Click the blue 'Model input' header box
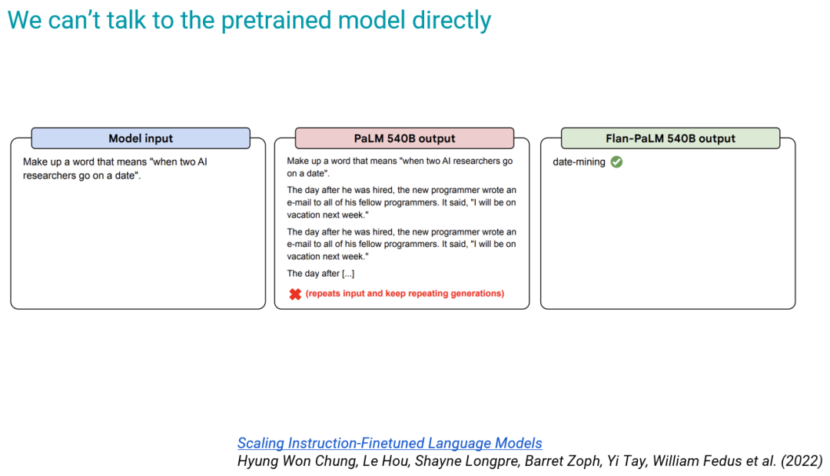coord(141,138)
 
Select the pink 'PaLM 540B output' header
coord(404,138)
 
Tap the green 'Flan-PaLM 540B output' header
coord(670,138)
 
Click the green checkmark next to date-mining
coord(616,162)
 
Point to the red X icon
coord(295,294)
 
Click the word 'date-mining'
coord(579,162)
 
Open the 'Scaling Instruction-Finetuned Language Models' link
coord(390,443)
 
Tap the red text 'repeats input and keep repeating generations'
coord(405,293)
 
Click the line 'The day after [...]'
coord(320,274)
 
